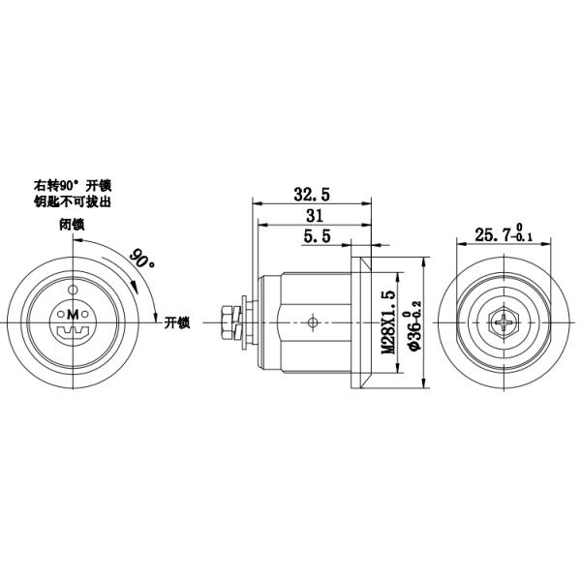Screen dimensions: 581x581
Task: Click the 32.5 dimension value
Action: point(312,194)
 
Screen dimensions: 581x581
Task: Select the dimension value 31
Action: point(314,215)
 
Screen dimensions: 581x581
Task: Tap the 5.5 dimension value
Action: point(317,235)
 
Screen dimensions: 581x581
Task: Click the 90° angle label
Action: point(141,259)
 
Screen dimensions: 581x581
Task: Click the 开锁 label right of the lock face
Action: point(177,322)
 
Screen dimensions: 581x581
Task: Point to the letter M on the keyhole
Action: point(72,315)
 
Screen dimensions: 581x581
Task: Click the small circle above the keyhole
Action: point(72,289)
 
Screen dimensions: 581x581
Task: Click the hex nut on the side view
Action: point(231,321)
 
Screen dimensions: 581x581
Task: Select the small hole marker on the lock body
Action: point(311,321)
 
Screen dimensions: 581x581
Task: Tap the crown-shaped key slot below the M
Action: point(72,332)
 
